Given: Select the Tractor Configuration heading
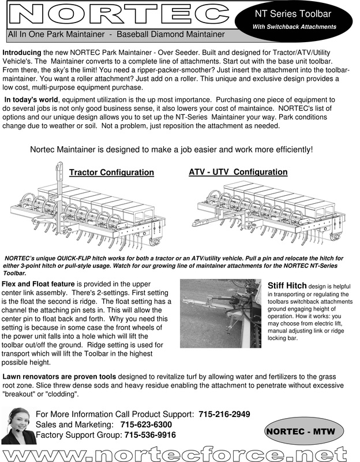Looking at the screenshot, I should [x=111, y=173].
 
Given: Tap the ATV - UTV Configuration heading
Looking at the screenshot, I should [x=238, y=172].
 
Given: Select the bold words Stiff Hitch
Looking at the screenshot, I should [x=287, y=286].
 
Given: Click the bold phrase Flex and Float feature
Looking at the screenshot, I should [x=38, y=285].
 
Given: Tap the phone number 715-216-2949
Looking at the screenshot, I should [x=224, y=414].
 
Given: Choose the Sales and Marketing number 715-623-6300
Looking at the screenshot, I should [x=147, y=424].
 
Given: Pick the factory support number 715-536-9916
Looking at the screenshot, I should [x=150, y=435].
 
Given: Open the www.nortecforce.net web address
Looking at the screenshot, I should [x=179, y=453].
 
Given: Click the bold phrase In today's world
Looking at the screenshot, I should [x=31, y=100].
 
